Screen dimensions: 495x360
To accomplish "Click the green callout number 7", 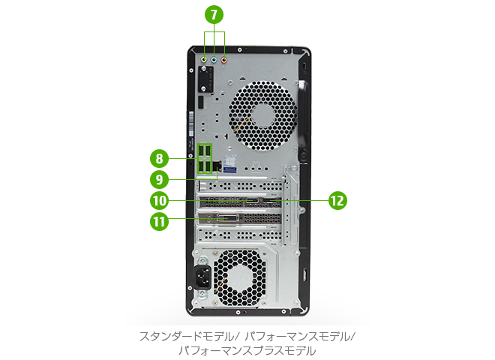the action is click(x=214, y=14).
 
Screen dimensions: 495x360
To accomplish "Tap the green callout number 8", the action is click(x=159, y=158).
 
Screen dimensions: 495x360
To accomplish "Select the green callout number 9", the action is click(x=159, y=179).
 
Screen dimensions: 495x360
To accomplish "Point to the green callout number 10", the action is click(x=159, y=200).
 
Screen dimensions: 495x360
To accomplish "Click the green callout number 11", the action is click(x=159, y=221).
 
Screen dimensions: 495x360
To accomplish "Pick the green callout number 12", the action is click(x=337, y=200).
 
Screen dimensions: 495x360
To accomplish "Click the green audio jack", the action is click(x=204, y=59).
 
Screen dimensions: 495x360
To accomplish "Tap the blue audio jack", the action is click(x=214, y=59).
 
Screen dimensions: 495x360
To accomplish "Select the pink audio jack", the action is click(x=224, y=60).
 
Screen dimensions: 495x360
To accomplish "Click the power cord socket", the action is click(x=202, y=277).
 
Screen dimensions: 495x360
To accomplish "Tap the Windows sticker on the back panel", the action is click(x=229, y=163).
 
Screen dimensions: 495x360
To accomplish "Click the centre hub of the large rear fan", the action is click(x=263, y=115).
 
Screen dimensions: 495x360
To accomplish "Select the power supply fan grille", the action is click(x=239, y=278).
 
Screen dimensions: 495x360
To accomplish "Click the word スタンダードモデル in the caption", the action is click(x=186, y=337).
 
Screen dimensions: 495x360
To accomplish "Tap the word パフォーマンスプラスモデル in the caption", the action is click(x=247, y=351).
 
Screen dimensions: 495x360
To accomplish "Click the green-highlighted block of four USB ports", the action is click(x=205, y=158).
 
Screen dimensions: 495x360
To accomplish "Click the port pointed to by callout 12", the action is click(x=271, y=200).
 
